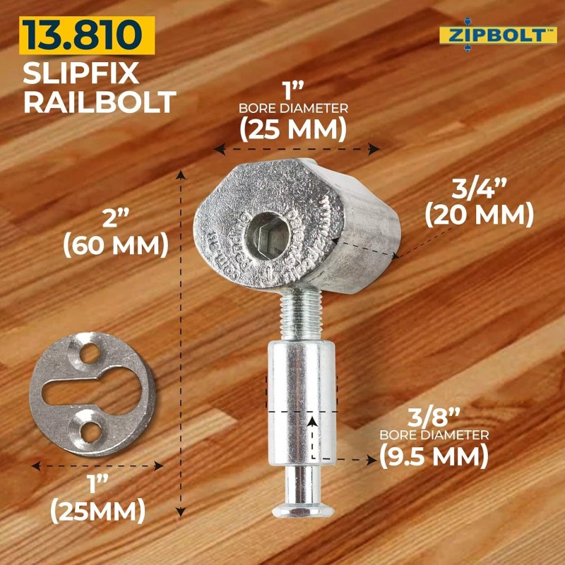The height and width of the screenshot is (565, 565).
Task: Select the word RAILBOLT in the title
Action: pyautogui.click(x=99, y=102)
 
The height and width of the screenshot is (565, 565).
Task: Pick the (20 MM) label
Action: pyautogui.click(x=480, y=213)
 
